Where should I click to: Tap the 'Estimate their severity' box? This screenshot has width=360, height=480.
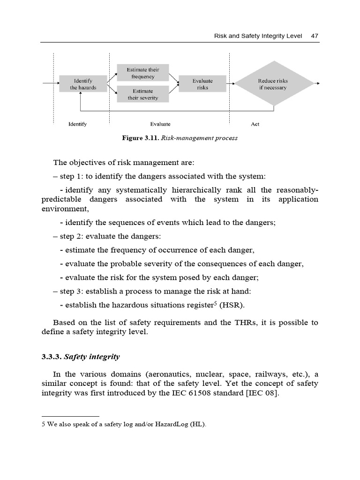click(142, 94)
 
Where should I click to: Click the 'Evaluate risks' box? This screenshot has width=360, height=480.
click(202, 84)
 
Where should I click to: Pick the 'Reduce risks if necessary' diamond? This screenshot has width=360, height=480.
click(273, 84)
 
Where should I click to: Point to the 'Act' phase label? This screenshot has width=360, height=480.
click(255, 124)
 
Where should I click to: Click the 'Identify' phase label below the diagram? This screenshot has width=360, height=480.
click(78, 124)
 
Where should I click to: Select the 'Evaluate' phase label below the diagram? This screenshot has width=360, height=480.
click(160, 124)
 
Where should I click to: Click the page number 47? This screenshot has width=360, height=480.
click(315, 36)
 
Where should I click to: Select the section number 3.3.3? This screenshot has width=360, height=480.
click(52, 357)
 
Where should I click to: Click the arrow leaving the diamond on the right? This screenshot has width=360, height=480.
click(316, 84)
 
